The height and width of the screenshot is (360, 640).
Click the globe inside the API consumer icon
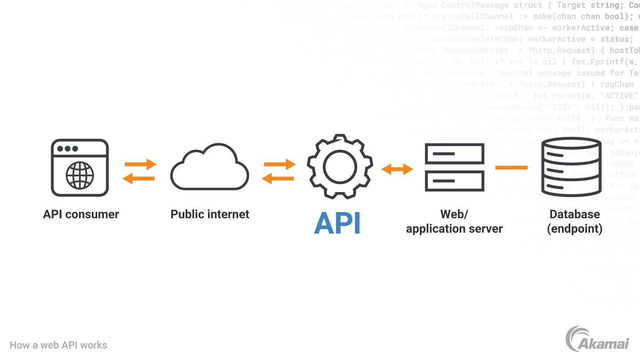80,175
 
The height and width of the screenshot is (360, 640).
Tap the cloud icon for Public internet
209,168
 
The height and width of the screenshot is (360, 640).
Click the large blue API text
337,223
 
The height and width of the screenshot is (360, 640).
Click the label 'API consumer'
81,214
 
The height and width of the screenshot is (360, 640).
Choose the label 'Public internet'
210,214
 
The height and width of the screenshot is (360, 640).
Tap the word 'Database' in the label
575,214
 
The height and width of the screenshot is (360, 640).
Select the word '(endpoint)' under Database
575,229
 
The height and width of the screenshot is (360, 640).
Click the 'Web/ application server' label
454,221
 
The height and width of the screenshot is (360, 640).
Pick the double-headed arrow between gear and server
397,169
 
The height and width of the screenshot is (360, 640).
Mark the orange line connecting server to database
511,168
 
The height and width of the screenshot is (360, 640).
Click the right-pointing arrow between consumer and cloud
140,164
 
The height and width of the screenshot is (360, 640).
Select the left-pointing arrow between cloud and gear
278,179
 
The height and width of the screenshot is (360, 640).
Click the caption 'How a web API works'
58,345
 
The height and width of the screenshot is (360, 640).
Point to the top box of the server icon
454,154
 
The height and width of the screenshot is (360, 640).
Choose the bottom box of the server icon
454,181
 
